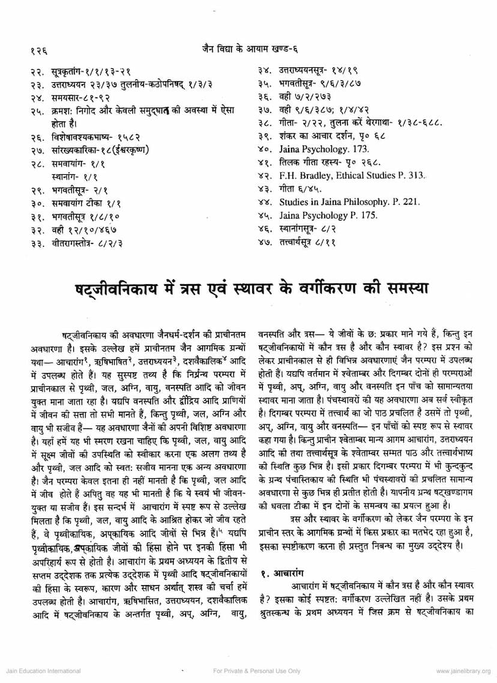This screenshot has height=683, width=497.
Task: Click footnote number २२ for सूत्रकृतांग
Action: [38, 71]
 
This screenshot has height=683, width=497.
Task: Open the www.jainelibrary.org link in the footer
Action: [464, 670]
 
